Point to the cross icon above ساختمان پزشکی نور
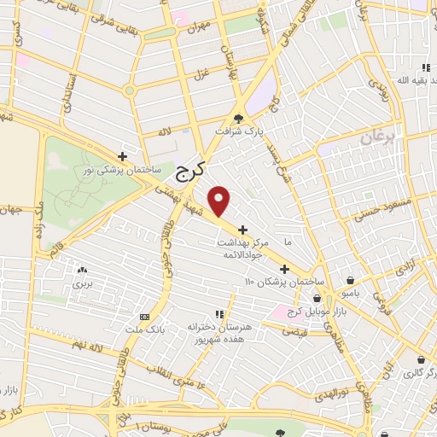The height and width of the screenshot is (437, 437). coord(124,156)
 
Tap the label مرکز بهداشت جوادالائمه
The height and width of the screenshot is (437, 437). coord(243,250)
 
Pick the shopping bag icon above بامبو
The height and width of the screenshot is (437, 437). coord(351,280)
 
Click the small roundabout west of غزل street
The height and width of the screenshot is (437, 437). coord(130,90)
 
